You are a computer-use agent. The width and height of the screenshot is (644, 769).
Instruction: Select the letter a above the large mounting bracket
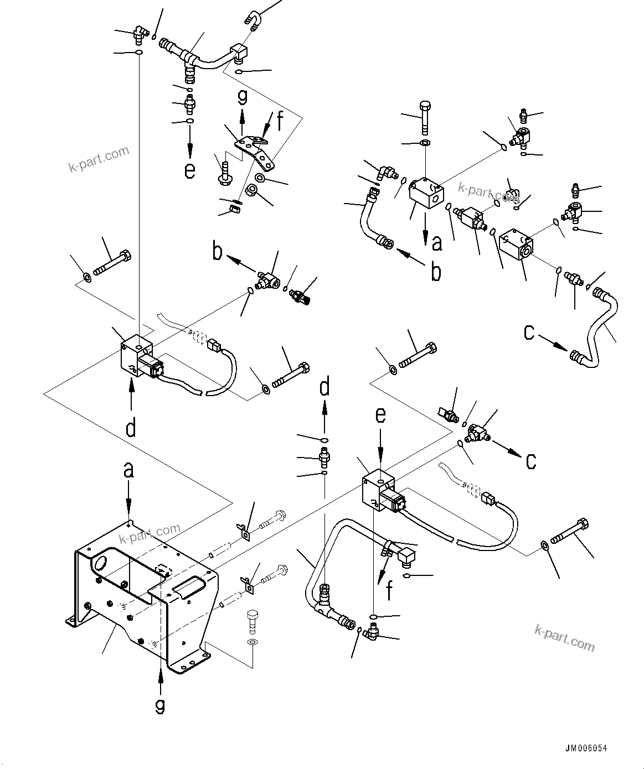tap(128, 470)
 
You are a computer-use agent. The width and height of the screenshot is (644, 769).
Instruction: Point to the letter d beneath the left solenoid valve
tap(131, 428)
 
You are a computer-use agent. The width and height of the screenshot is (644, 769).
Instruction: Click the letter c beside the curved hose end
tap(530, 332)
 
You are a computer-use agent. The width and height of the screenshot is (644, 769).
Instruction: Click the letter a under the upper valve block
tap(437, 242)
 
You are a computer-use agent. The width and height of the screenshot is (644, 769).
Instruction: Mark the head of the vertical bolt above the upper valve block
tap(425, 106)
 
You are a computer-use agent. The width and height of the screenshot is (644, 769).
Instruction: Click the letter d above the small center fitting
tap(324, 387)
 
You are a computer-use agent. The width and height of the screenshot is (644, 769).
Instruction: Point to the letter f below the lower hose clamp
tap(390, 590)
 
